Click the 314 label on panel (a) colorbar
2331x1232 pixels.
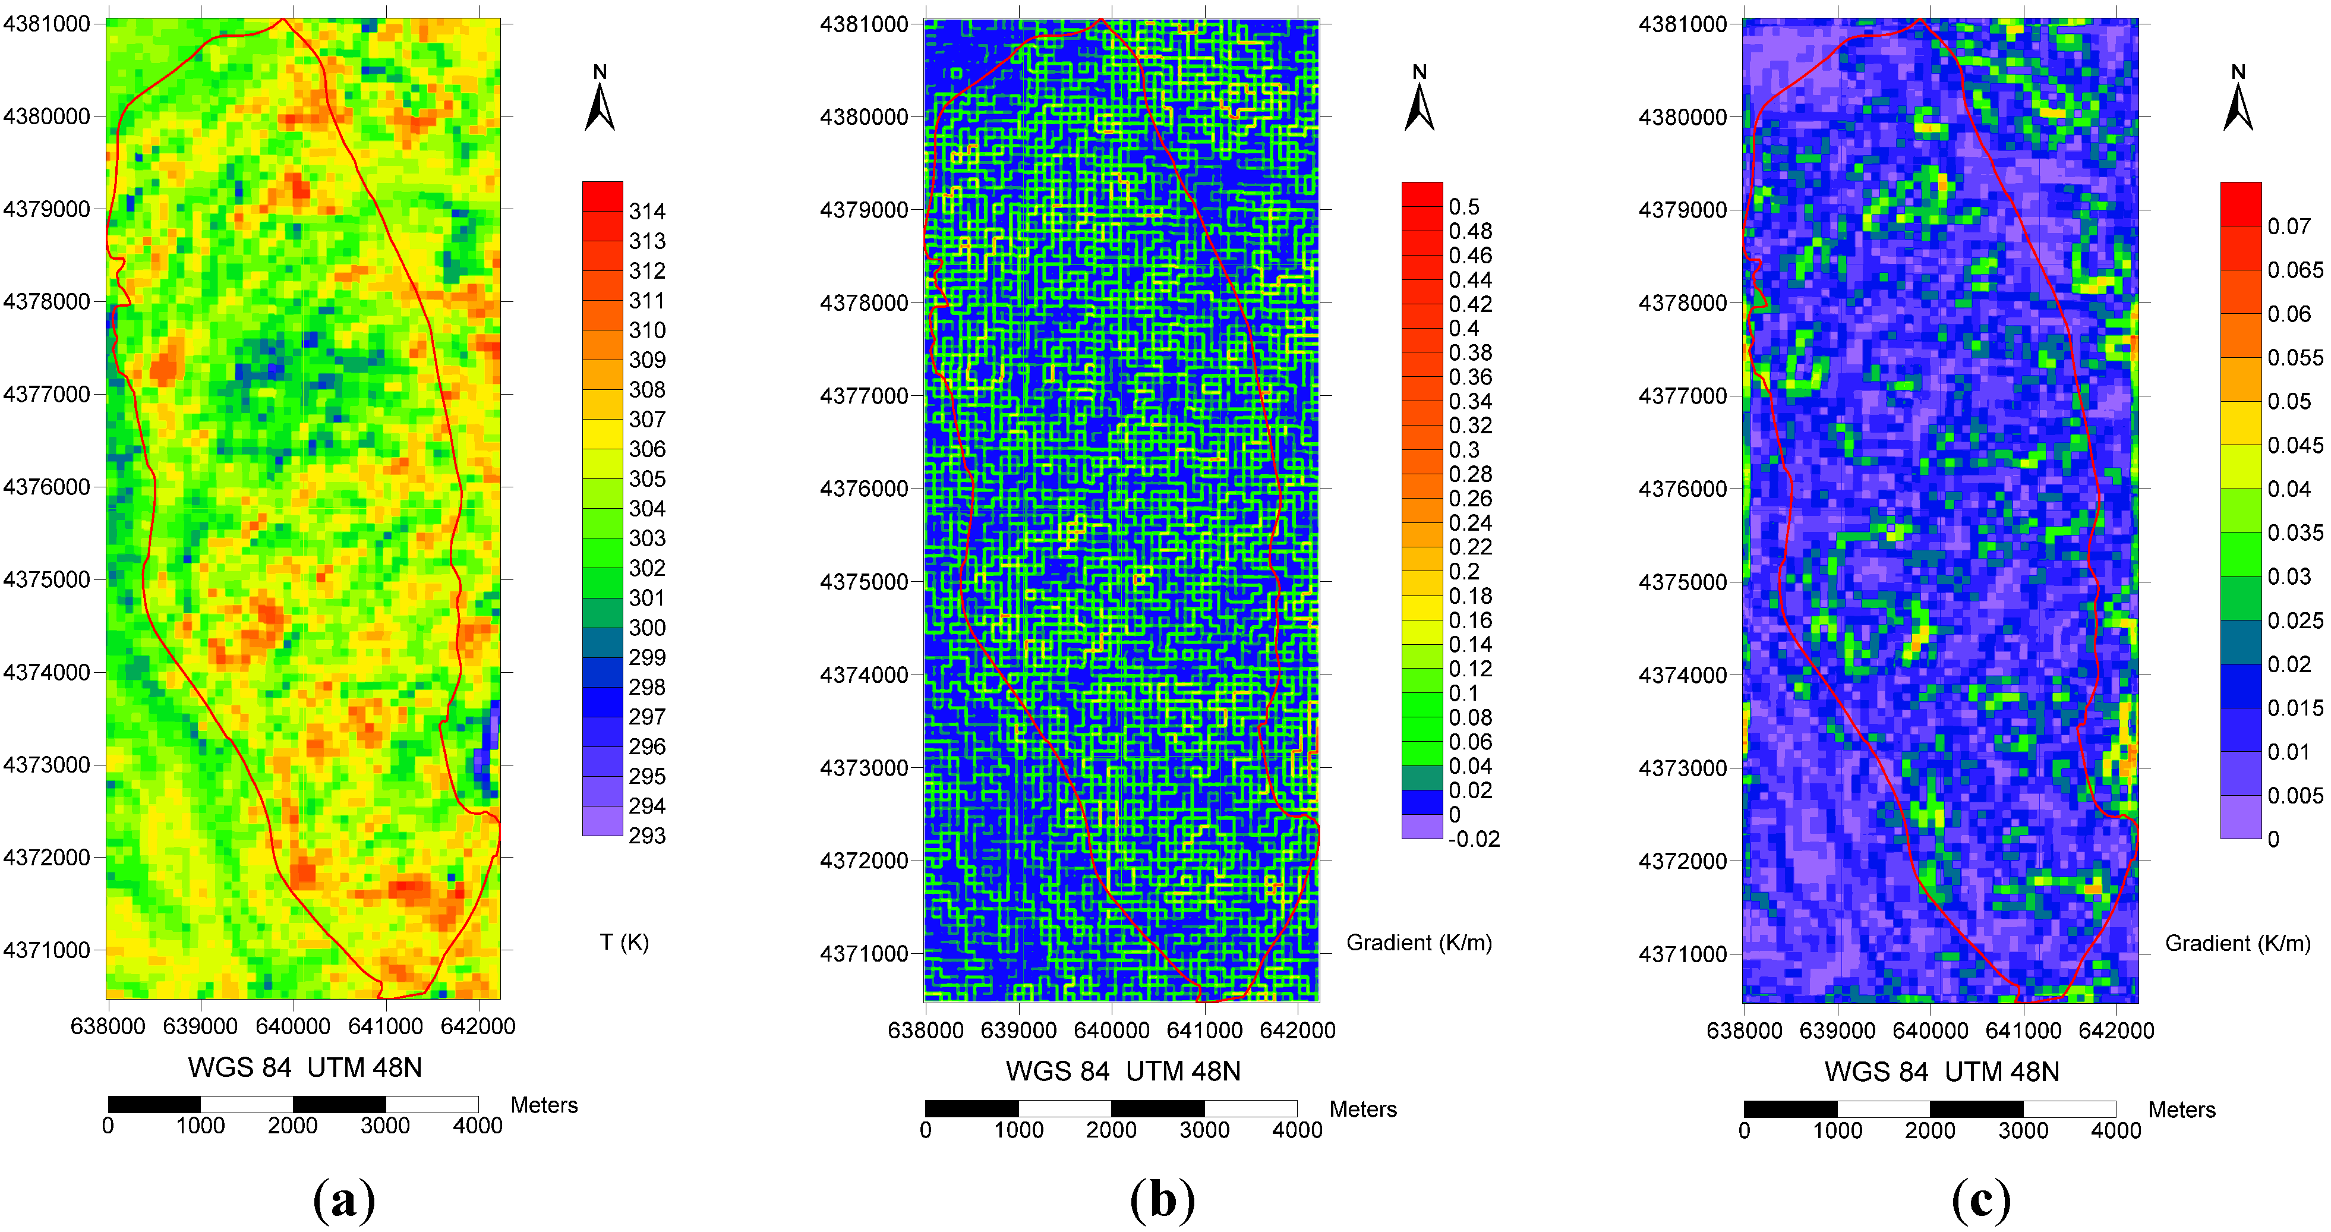pos(647,212)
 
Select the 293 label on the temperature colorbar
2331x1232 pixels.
pos(647,836)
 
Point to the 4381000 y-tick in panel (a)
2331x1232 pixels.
pos(47,24)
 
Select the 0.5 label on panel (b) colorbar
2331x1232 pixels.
pos(1463,207)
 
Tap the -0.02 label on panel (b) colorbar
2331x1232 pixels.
pos(1473,839)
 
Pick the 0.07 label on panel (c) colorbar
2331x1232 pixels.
pos(2288,226)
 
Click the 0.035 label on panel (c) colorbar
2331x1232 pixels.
pos(2295,533)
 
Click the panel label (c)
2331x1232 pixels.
pos(1982,1201)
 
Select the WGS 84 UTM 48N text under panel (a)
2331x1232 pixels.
pos(305,1068)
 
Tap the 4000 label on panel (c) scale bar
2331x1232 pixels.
pos(2116,1130)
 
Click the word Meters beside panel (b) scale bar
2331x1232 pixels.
pos(1362,1110)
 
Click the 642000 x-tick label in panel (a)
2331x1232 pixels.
pos(477,1026)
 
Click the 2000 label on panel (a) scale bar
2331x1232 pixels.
pos(292,1126)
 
